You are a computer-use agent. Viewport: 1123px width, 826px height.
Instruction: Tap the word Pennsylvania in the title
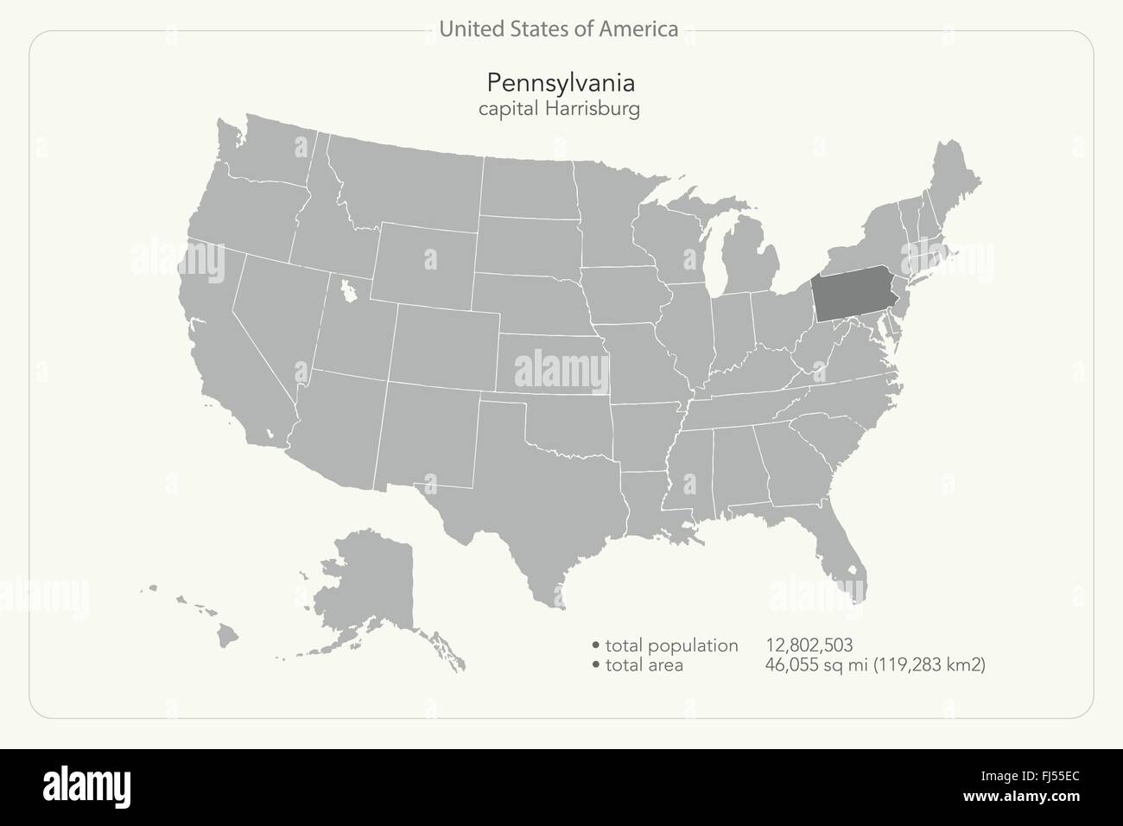coord(561,83)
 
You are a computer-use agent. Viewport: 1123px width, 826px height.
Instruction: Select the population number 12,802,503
coord(809,645)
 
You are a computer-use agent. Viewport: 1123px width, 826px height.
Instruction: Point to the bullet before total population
coord(596,645)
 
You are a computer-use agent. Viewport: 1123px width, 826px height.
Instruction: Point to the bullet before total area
coord(596,665)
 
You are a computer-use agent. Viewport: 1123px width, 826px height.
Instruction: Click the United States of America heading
coord(558,29)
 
